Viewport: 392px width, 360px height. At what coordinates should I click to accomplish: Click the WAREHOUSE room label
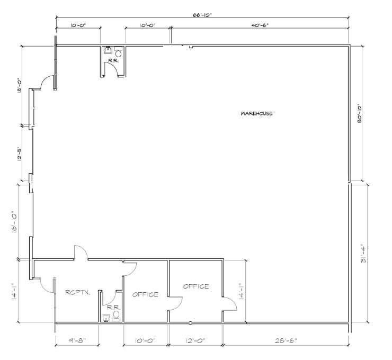pos(256,113)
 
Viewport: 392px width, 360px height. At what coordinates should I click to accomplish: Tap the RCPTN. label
pos(77,292)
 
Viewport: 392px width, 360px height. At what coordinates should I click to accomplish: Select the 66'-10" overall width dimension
pos(202,15)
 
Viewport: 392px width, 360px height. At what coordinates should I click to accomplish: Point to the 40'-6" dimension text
pos(260,25)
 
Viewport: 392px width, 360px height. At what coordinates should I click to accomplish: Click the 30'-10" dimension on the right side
pos(360,113)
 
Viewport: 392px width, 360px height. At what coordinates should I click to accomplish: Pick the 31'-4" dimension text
pos(363,255)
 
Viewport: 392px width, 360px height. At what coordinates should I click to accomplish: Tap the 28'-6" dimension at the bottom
pos(286,340)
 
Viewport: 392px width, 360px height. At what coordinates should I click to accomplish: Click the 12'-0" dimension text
pos(195,340)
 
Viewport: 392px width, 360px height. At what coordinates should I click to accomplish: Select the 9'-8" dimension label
pos(77,340)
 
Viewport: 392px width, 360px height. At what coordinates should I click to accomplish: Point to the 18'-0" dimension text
pos(20,85)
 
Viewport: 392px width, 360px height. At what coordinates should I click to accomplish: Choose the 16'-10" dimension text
pos(14,223)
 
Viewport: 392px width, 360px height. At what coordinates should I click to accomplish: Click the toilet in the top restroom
pos(118,52)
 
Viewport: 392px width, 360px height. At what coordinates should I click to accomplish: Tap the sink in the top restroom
pos(108,50)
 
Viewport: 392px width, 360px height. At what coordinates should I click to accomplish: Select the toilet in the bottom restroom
pos(116,316)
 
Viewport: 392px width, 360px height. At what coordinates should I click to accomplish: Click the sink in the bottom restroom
pos(106,318)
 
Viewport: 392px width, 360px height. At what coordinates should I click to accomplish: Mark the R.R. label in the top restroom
pos(111,60)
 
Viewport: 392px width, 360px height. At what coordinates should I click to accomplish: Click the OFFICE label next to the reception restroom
pos(145,294)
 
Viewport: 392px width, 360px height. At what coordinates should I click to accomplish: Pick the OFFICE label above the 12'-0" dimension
pos(196,286)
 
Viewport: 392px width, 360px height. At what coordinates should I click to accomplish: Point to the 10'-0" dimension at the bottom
pos(145,340)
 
